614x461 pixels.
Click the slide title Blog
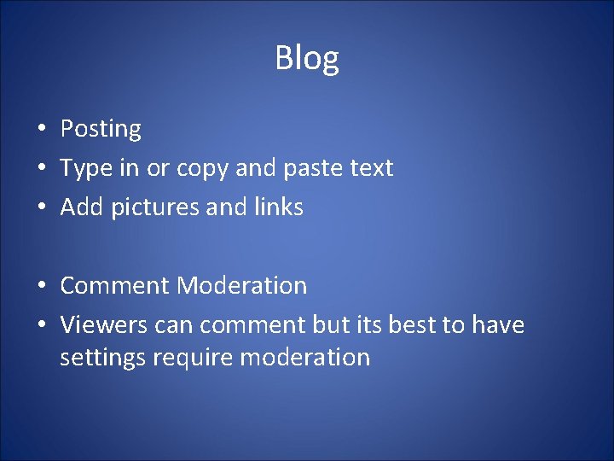click(x=307, y=58)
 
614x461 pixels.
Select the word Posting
click(x=101, y=129)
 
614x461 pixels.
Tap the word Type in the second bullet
click(x=86, y=168)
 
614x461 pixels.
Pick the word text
click(x=371, y=168)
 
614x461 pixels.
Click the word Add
click(x=80, y=207)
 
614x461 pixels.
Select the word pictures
click(x=158, y=207)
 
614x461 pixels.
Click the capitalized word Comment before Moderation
click(x=115, y=285)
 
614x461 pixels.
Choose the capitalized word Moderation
click(x=241, y=285)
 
